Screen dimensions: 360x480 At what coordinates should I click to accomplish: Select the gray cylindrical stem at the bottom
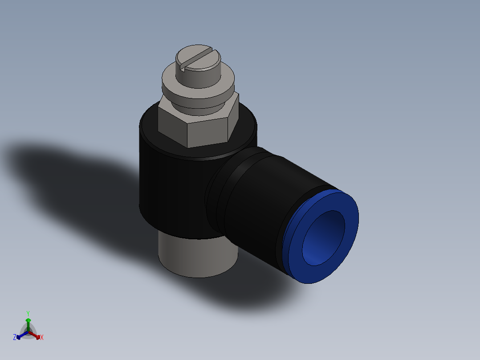[196, 258]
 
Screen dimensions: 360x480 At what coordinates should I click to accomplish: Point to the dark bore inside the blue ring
[322, 236]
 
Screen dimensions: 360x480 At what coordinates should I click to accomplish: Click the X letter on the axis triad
[42, 338]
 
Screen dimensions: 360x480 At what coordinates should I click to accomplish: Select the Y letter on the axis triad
[28, 313]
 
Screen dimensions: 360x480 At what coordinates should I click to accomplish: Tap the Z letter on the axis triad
[15, 338]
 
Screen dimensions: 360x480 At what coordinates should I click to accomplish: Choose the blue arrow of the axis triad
[20, 336]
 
